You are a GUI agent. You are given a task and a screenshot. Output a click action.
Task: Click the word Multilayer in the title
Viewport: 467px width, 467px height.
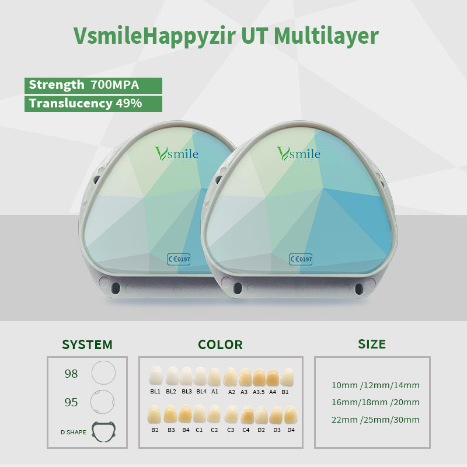[x=326, y=36]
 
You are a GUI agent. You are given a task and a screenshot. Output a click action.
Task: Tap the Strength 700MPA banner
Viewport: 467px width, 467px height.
[x=93, y=85]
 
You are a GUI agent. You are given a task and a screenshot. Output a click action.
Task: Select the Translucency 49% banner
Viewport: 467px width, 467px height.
[x=93, y=104]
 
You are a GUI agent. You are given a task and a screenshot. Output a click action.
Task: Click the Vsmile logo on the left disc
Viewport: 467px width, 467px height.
[x=177, y=154]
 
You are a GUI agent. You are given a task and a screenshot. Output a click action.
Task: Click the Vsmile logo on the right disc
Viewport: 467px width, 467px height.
[x=299, y=154]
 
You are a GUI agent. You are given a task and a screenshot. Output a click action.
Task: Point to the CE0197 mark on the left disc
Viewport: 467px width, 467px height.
[x=179, y=259]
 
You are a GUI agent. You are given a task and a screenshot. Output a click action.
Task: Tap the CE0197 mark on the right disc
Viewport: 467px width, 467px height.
[x=301, y=259]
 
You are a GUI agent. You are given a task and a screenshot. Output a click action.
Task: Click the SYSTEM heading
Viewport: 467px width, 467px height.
[x=87, y=344]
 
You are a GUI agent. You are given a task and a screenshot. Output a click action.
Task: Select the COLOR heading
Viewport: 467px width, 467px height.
[x=221, y=344]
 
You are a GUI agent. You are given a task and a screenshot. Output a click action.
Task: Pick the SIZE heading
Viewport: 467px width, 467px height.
[x=372, y=344]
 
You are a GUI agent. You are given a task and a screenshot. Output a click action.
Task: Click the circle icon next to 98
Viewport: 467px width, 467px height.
[x=103, y=372]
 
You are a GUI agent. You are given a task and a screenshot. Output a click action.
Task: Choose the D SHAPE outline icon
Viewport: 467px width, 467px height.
[x=104, y=431]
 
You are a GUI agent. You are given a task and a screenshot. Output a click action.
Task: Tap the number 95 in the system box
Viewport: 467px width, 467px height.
[x=71, y=402]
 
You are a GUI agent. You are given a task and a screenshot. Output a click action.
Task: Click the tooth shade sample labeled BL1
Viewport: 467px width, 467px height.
[x=155, y=377]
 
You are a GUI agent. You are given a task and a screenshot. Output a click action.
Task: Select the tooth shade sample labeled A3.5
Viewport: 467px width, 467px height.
[x=259, y=377]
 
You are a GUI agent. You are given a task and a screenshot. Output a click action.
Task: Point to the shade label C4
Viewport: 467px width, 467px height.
[x=246, y=430]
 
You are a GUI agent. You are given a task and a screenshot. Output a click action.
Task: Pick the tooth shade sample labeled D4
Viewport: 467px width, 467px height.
[x=291, y=415]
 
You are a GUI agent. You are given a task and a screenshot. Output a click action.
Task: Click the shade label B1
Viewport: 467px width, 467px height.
[x=285, y=392]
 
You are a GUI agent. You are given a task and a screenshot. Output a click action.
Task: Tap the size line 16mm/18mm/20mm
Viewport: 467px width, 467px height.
[x=375, y=402]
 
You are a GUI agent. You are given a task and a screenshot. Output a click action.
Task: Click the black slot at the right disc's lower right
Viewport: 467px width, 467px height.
[x=359, y=288]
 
